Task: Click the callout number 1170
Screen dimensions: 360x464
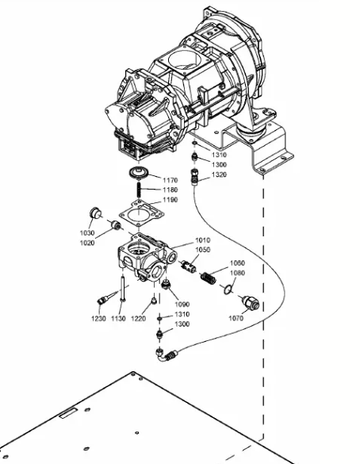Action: coord(170,180)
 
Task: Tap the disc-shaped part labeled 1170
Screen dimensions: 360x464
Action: coord(138,173)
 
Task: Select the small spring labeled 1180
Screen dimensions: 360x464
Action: coord(139,190)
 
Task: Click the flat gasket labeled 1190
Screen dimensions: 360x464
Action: coord(141,213)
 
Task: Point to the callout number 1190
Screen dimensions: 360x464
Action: coord(170,200)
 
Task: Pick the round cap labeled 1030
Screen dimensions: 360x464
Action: coord(95,213)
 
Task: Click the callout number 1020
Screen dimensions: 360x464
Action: coord(87,243)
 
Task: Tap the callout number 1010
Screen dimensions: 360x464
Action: coord(203,240)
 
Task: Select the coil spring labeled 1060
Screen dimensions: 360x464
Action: coord(209,278)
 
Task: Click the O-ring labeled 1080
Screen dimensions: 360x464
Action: coord(228,290)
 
